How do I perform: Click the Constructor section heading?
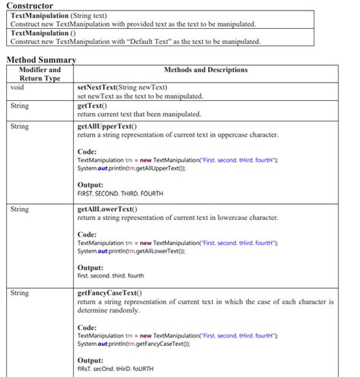pos(30,6)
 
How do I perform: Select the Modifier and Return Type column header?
pos(39,74)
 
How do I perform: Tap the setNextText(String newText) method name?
pos(122,88)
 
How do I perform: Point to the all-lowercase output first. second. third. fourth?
pos(110,276)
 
